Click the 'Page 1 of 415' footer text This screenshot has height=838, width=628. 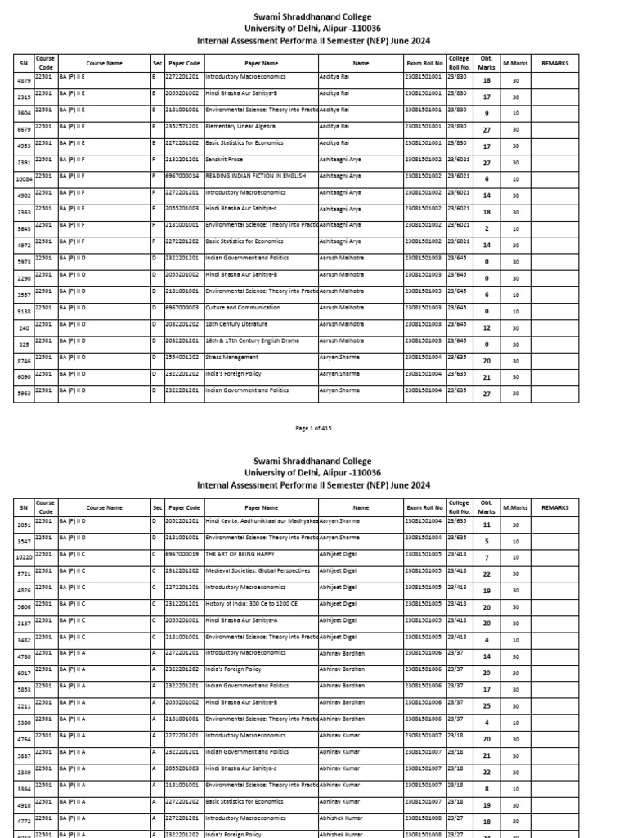click(314, 428)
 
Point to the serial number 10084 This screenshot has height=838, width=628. click(23, 179)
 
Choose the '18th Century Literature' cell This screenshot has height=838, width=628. click(236, 324)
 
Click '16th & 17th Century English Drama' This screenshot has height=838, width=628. click(250, 340)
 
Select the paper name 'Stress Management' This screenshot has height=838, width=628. click(231, 357)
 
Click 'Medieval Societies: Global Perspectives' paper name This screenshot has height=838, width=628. click(258, 571)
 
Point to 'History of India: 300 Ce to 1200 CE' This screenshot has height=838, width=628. click(252, 604)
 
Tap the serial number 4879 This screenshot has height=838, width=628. click(23, 80)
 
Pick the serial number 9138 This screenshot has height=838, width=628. click(23, 311)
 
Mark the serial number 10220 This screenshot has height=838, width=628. click(23, 558)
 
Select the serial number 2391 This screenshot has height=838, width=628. click(23, 163)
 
